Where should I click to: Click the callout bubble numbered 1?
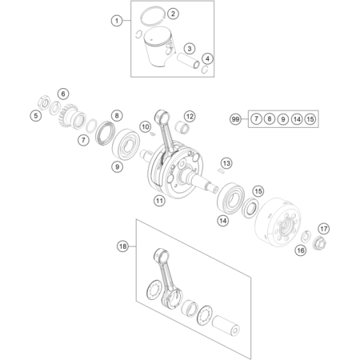[x=117, y=21]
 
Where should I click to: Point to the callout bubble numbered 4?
[x=207, y=58]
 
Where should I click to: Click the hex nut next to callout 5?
[x=43, y=102]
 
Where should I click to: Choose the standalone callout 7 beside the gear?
[x=83, y=140]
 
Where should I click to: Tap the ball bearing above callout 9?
[x=126, y=144]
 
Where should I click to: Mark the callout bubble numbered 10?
[x=146, y=126]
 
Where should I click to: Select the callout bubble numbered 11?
[x=159, y=201]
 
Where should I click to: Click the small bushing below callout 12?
[x=182, y=126]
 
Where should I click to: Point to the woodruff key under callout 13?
[x=221, y=170]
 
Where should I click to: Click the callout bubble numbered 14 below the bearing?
[x=223, y=221]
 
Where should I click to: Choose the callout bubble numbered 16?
[x=301, y=250]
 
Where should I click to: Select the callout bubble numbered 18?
[x=122, y=246]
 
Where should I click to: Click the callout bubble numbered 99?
[x=236, y=119]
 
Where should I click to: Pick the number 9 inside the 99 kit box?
[x=283, y=119]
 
